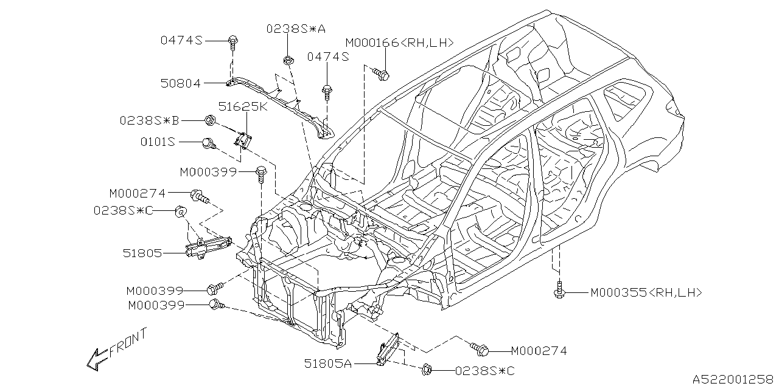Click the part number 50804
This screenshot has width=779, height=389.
point(181,84)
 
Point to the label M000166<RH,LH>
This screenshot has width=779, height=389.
point(400,43)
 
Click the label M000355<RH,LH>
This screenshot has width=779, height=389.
point(646,293)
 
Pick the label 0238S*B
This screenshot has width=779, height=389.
point(150,120)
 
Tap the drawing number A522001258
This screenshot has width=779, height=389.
point(733,377)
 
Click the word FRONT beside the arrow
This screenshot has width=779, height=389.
point(128,342)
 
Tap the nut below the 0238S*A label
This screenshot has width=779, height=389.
point(287,60)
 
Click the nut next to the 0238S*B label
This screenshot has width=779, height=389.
point(209,120)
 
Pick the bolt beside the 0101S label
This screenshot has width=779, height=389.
point(208,143)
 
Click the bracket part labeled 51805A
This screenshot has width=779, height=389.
point(388,351)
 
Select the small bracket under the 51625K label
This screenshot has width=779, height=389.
point(245,140)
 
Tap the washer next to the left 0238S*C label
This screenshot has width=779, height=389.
point(181,211)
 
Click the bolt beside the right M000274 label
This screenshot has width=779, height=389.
point(479,349)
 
